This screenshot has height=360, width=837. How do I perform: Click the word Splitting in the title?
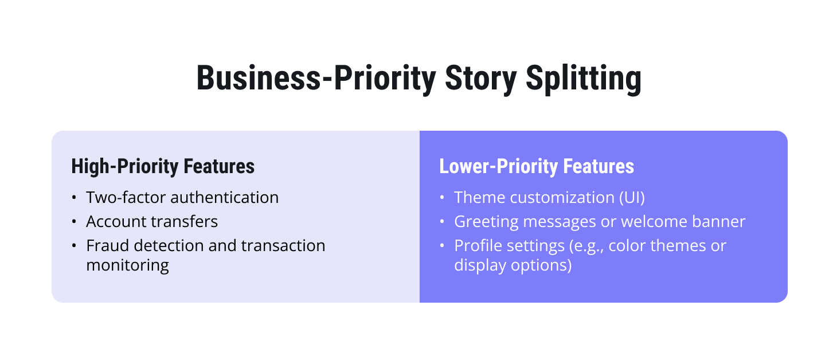[584, 79]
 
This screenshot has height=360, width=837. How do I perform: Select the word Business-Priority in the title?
[315, 79]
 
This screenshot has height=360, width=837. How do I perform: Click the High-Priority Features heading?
[163, 166]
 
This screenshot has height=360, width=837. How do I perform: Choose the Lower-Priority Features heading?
[537, 166]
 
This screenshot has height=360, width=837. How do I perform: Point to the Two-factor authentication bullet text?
[182, 197]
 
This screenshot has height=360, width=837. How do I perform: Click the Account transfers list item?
[152, 221]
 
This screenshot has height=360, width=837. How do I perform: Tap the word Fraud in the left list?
[104, 245]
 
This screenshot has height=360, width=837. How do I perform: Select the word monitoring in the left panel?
[127, 265]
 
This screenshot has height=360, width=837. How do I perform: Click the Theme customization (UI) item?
[549, 197]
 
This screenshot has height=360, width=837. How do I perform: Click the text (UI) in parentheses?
[631, 197]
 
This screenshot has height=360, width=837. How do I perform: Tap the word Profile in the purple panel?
[475, 245]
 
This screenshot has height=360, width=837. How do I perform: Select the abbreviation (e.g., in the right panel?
[584, 245]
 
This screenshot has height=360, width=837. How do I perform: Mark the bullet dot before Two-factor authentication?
[74, 198]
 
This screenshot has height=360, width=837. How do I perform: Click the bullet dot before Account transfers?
[74, 222]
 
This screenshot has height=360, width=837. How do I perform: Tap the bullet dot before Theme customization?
[442, 198]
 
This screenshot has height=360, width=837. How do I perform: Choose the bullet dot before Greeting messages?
[442, 222]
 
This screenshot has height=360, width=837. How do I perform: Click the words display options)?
[513, 265]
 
